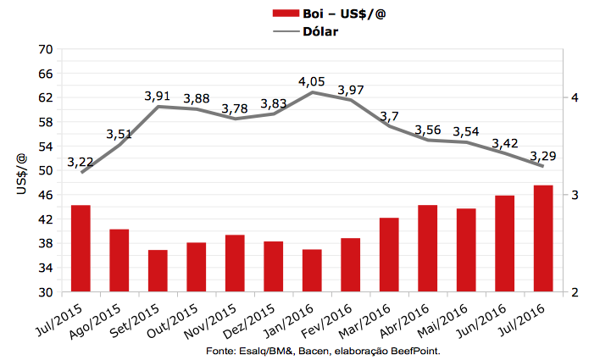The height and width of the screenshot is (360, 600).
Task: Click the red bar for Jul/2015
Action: [81, 248]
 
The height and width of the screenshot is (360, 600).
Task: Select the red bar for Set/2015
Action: [158, 271]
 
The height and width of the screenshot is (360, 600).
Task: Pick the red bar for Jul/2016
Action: [543, 238]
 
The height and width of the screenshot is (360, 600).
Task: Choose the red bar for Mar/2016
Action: [389, 255]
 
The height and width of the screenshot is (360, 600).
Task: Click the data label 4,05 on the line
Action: [312, 82]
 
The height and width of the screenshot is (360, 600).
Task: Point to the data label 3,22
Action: [81, 162]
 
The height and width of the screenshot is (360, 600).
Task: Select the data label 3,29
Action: [543, 157]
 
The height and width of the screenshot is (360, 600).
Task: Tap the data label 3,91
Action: [158, 97]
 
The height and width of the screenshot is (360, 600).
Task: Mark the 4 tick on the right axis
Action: [575, 97]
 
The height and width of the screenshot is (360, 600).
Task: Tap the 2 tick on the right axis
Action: [575, 292]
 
